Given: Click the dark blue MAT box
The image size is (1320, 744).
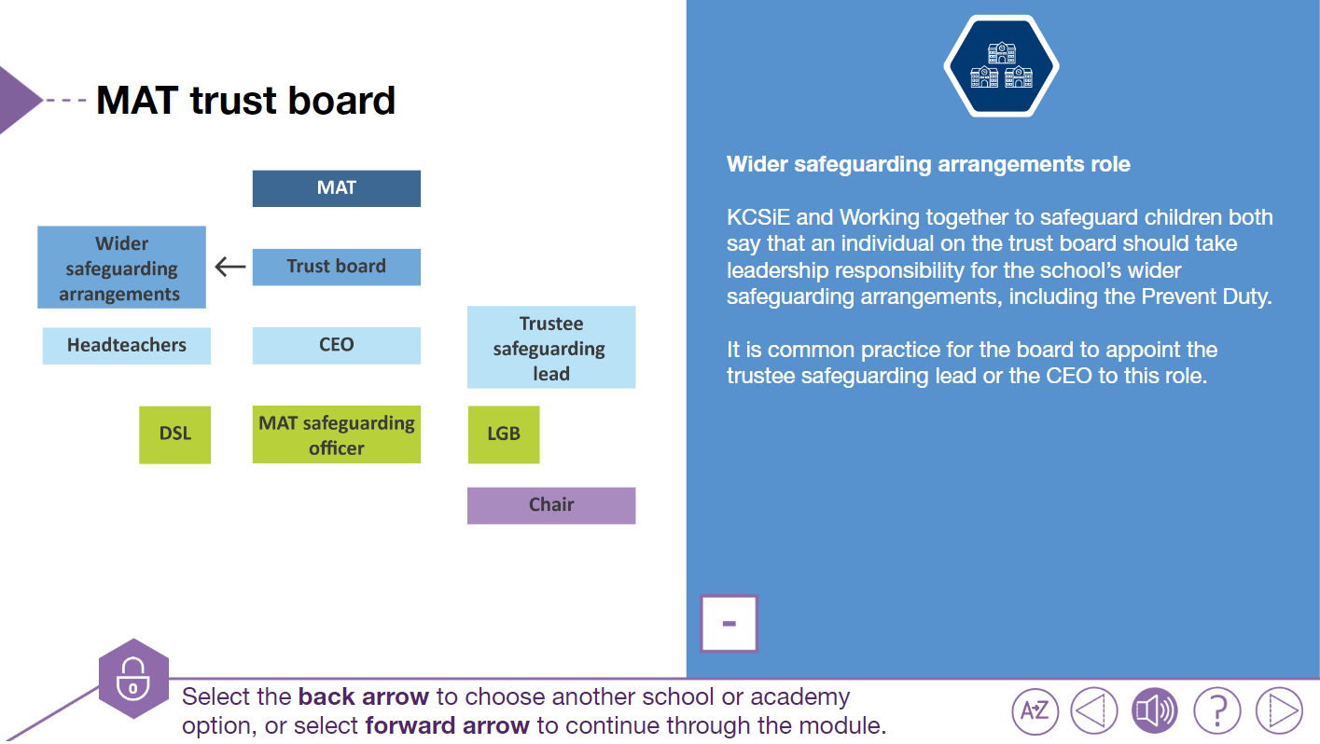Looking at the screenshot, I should click(x=336, y=188).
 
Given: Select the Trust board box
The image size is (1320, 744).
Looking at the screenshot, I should click(x=336, y=267).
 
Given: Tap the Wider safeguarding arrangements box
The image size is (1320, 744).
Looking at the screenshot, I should click(x=121, y=268).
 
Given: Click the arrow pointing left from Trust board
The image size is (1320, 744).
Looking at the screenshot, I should click(x=229, y=268).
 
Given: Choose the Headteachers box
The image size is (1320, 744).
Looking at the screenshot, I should click(x=127, y=345).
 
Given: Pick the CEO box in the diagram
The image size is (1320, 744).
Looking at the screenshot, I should click(x=336, y=345).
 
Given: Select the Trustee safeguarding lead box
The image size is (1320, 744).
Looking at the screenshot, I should click(x=550, y=348).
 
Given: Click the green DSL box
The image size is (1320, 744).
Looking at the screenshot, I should click(x=174, y=434).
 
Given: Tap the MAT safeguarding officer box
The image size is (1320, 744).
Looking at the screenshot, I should click(x=336, y=434).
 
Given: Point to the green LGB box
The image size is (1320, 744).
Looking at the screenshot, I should click(x=503, y=434).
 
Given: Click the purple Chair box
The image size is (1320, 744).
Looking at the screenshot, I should click(x=550, y=505).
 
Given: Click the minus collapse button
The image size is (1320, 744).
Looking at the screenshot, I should click(x=729, y=624).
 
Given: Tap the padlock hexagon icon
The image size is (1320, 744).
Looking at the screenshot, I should click(x=133, y=678).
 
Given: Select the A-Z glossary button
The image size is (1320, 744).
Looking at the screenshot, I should click(x=1035, y=711).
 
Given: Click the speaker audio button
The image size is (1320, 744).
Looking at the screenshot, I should click(x=1154, y=711).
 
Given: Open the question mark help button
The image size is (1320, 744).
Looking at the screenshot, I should click(x=1216, y=711).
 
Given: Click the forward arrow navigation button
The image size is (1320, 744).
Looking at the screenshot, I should click(x=1279, y=711).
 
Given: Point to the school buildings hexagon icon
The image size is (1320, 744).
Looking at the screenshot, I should click(x=1001, y=66).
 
